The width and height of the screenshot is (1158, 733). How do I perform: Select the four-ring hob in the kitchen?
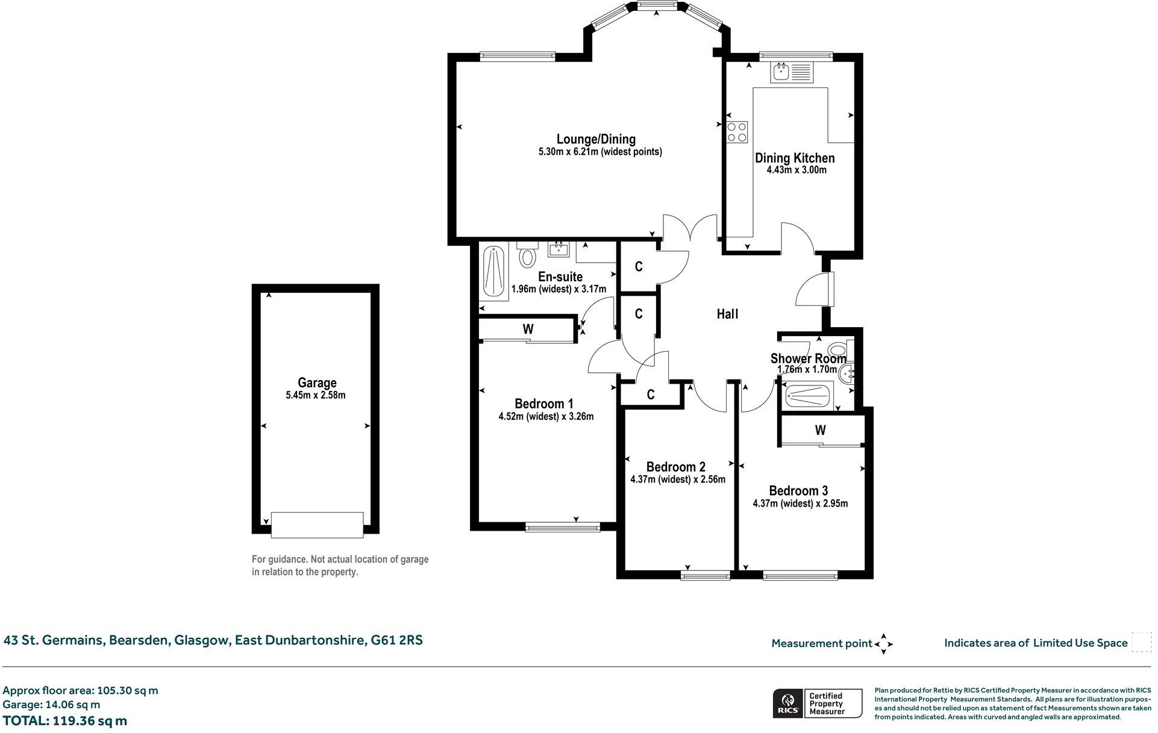pos(737,132)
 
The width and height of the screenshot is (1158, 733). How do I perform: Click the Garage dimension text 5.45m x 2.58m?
pos(316,396)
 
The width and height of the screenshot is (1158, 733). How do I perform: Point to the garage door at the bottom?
pos(317,524)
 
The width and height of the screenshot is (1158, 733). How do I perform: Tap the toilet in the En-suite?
pos(528,256)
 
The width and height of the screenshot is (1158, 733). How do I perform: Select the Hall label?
pos(727,314)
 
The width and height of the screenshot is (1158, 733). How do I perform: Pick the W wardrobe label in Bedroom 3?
pos(820,430)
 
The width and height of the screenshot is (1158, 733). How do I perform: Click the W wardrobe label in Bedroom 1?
pos(528,329)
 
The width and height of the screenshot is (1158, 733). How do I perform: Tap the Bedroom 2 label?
pos(675,467)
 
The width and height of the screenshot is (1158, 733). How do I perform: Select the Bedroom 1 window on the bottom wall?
pos(563,527)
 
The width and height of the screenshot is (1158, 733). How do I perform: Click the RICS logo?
pos(787,703)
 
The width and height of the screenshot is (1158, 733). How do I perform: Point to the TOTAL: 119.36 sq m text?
pos(65,720)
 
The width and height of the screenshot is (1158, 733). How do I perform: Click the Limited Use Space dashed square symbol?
pos(1141,642)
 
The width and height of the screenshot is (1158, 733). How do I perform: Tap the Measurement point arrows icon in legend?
pos(884,643)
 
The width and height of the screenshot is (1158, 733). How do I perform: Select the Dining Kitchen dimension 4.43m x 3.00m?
pos(796,170)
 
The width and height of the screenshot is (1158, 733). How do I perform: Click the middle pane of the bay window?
pos(656,5)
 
